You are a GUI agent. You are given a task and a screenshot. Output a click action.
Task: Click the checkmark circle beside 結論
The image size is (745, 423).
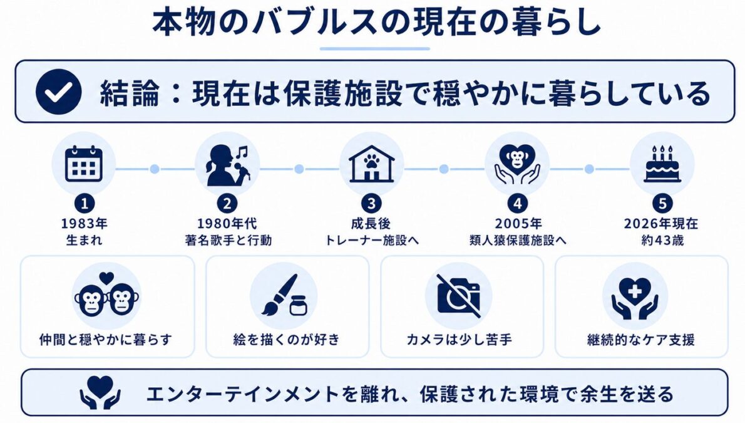pyautogui.click(x=58, y=91)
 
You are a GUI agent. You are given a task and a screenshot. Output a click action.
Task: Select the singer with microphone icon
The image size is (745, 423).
pyautogui.click(x=227, y=165)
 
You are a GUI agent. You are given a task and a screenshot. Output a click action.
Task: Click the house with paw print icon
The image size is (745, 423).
pyautogui.click(x=371, y=164)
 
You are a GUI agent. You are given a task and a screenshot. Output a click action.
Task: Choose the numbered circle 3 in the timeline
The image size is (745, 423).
pyautogui.click(x=371, y=204)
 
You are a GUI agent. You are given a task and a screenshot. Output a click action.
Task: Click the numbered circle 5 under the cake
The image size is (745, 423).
pyautogui.click(x=662, y=204)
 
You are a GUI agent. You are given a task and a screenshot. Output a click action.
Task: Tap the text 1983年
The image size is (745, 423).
pyautogui.click(x=84, y=223)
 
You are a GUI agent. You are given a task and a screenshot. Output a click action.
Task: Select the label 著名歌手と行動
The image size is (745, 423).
pyautogui.click(x=228, y=240)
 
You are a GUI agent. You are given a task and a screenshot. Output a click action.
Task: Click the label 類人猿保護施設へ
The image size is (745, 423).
pyautogui.click(x=518, y=240)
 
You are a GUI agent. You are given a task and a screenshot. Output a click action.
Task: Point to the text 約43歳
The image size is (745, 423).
pyautogui.click(x=662, y=240)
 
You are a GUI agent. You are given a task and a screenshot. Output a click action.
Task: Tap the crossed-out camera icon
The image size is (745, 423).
pyautogui.click(x=458, y=295)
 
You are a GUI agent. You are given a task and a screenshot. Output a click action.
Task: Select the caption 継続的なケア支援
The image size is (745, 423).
pyautogui.click(x=641, y=340)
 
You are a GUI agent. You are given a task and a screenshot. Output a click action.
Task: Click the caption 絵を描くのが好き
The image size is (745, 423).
pyautogui.click(x=287, y=340)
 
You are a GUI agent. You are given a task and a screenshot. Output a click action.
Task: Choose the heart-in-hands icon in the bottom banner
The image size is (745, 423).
pyautogui.click(x=100, y=392)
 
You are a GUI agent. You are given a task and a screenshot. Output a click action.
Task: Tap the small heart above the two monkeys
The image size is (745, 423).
pyautogui.click(x=107, y=277)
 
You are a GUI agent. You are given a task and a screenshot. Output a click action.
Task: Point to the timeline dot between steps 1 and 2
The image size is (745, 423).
pyautogui.click(x=155, y=169)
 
